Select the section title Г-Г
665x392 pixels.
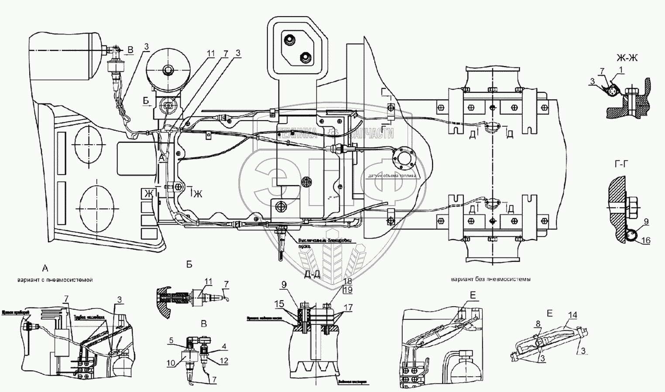(624, 164)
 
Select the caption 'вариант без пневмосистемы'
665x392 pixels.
(490, 280)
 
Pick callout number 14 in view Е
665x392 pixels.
(573, 314)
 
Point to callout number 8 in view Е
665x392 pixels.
(538, 324)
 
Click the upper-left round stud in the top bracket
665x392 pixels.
(288, 40)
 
